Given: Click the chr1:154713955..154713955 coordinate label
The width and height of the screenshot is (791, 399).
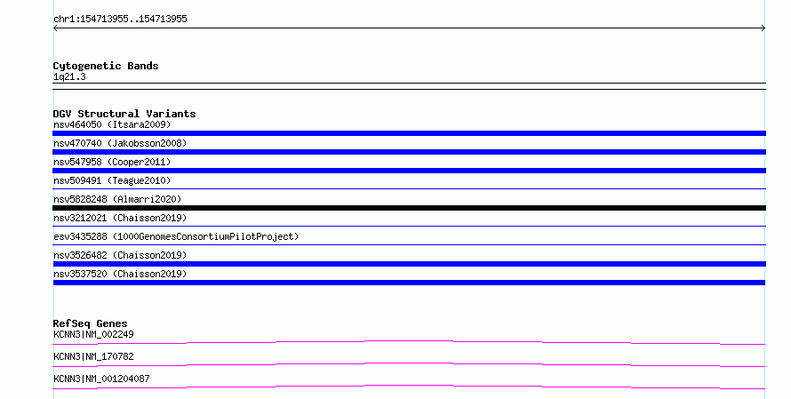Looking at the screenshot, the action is [120, 20].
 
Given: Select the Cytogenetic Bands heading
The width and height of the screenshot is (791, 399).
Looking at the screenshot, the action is [106, 66].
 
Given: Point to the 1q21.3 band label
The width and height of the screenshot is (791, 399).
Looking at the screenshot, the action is [69, 76].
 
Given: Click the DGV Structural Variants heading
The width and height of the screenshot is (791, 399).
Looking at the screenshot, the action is [124, 114].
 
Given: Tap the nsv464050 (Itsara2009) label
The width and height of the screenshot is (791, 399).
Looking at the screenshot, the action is [112, 124].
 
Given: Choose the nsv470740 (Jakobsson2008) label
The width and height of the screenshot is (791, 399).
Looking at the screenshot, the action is [120, 143].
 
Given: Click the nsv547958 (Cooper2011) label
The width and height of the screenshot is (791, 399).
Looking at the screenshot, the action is [112, 162].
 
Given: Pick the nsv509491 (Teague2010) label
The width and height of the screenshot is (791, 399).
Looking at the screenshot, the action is [112, 180].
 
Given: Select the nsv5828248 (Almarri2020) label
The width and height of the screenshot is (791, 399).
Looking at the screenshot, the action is [117, 199].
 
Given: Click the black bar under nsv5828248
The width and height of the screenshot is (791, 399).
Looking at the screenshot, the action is [409, 208].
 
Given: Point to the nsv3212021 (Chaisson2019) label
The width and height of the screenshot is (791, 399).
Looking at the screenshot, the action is [120, 218].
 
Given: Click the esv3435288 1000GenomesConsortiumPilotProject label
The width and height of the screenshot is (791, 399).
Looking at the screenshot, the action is [176, 236].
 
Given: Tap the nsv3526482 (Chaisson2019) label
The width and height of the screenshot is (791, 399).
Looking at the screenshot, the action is [120, 255].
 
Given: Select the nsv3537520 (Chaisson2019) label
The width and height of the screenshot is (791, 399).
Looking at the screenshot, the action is [120, 274].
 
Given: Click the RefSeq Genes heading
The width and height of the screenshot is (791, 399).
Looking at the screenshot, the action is [91, 323].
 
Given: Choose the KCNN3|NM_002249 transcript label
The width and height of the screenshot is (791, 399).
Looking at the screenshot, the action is [93, 334].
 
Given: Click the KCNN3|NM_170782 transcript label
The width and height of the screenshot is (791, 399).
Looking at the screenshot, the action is [93, 356].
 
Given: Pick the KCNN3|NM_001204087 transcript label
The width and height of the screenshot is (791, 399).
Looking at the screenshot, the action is [101, 379].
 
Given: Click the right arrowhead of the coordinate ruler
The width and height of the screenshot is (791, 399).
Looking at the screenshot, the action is [764, 28].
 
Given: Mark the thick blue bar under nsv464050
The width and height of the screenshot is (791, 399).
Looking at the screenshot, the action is [409, 133].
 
